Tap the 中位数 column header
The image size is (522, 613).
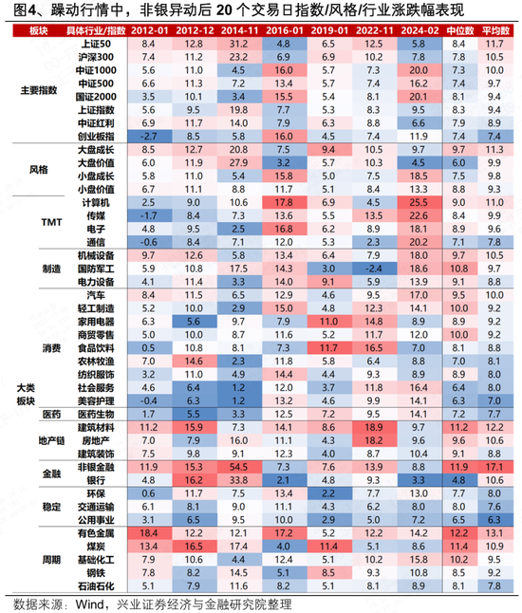(x=459, y=31)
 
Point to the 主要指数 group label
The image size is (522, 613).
(x=38, y=91)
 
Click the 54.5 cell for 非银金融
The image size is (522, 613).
(x=237, y=467)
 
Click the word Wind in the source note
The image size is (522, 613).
(x=81, y=604)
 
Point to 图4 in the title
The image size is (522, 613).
(x=19, y=10)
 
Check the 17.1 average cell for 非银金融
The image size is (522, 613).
(x=494, y=467)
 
